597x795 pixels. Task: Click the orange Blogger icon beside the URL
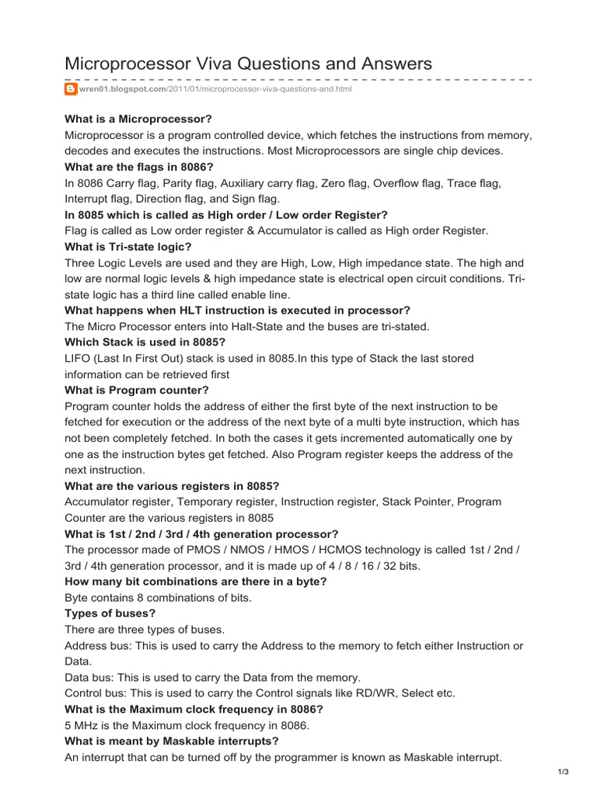pyautogui.click(x=70, y=89)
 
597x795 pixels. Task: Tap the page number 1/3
pyautogui.click(x=564, y=771)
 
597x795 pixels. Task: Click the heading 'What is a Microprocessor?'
pyautogui.click(x=138, y=119)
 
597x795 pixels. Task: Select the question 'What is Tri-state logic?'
pyautogui.click(x=128, y=246)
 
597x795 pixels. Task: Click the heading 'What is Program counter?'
pyautogui.click(x=137, y=390)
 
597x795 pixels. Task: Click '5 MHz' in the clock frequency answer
pyautogui.click(x=82, y=725)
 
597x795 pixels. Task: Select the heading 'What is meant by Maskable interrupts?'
pyautogui.click(x=172, y=741)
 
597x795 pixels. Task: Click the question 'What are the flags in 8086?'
pyautogui.click(x=140, y=167)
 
